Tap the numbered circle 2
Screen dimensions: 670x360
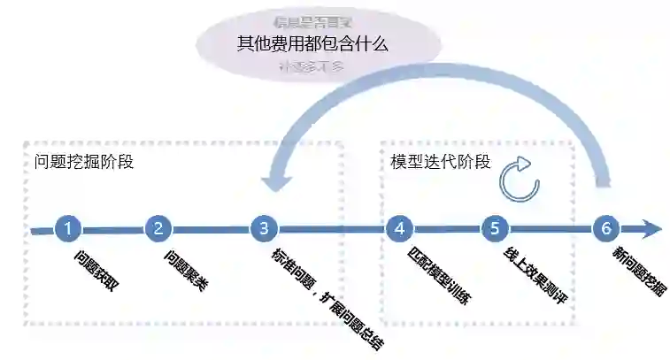coord(158,228)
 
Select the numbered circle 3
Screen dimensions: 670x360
coord(264,228)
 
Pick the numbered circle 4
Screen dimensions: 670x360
coord(399,228)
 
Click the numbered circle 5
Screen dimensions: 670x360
coord(495,228)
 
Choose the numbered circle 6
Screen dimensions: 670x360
coord(606,228)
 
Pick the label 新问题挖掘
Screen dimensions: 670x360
coord(639,271)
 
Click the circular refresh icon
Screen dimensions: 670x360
coord(517,178)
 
